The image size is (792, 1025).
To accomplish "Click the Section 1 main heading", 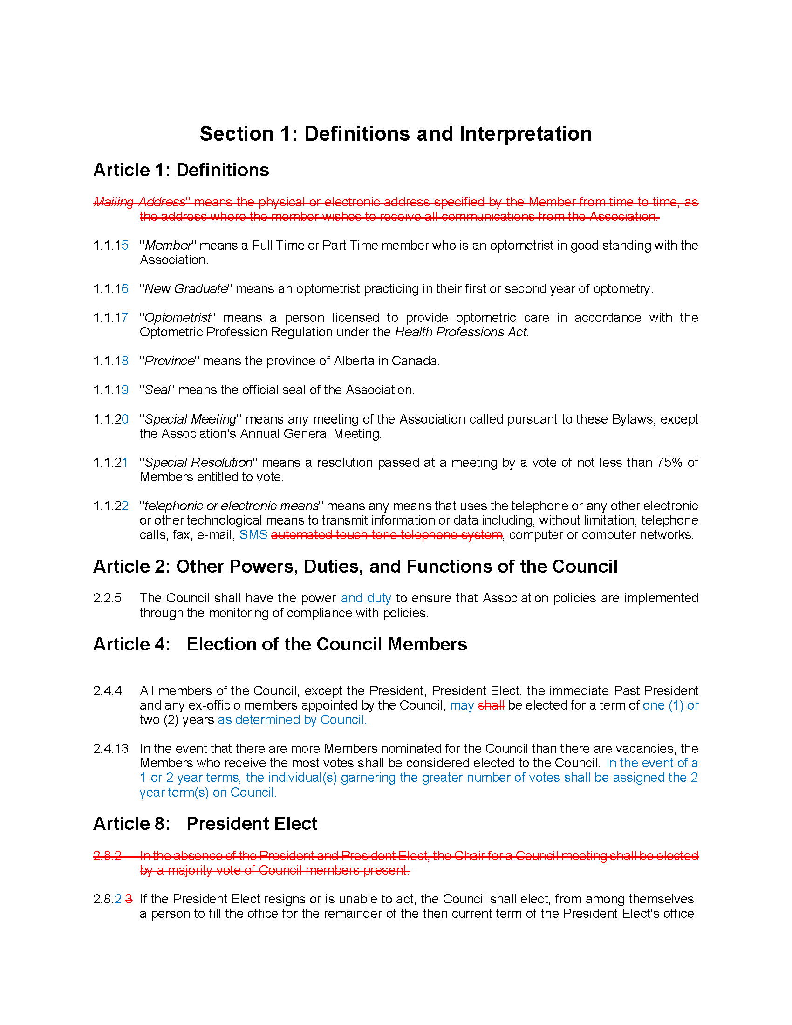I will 396,134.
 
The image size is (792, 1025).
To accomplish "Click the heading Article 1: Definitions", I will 181,170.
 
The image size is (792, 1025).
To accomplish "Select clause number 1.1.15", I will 111,246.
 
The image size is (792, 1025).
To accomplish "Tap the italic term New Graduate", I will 186,289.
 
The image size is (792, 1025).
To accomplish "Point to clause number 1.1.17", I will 111,318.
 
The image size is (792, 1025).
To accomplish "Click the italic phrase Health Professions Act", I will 461,332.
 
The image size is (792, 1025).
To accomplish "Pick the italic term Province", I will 170,361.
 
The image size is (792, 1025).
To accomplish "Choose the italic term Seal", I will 157,390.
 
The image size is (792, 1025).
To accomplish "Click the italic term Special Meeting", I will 191,419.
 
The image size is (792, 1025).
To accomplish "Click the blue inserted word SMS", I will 253,535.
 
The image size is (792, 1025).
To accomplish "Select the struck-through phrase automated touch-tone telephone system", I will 387,535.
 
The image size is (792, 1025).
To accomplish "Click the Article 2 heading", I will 355,567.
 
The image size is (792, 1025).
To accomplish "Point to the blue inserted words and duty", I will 366,598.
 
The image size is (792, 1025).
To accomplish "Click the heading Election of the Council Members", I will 327,644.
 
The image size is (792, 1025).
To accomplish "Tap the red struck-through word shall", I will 491,705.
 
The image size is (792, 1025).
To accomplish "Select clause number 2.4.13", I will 111,749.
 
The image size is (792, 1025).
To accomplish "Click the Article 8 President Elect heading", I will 205,824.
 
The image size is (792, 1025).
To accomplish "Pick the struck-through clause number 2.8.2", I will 108,856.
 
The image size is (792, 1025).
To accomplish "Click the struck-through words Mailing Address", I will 140,202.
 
